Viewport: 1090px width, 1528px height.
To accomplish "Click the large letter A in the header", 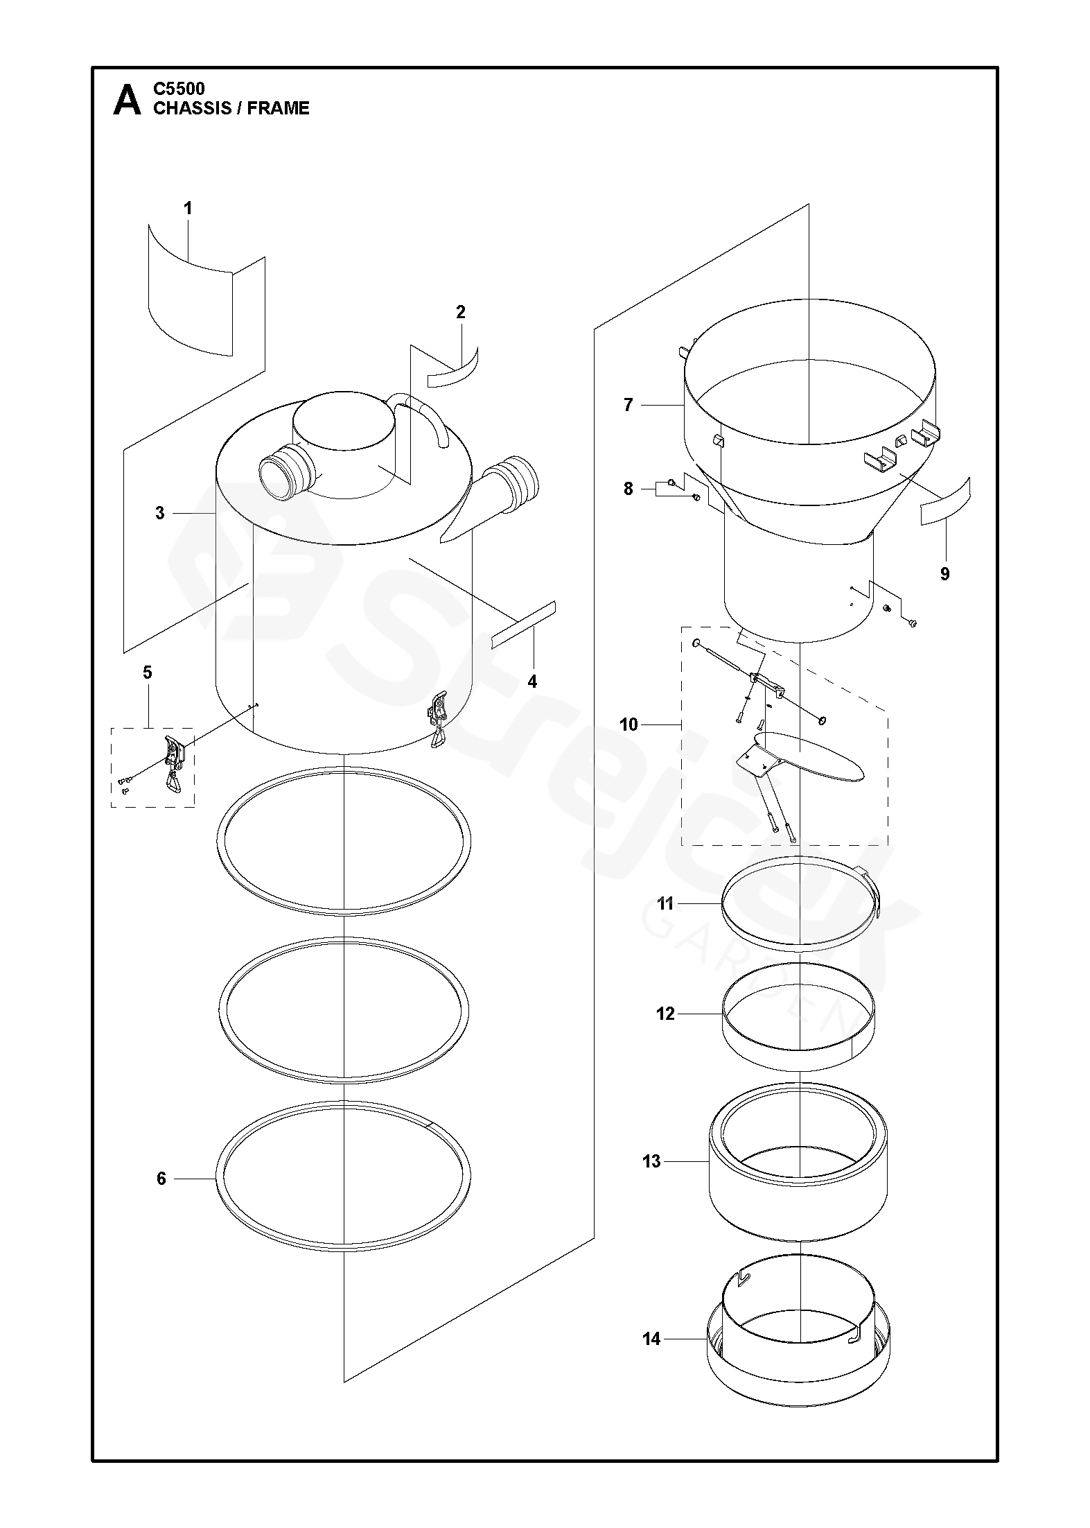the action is click(127, 100).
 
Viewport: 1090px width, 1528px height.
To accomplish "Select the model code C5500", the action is click(179, 89).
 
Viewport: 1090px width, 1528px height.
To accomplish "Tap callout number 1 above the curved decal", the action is click(187, 208).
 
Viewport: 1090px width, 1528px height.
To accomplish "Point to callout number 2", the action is click(461, 312).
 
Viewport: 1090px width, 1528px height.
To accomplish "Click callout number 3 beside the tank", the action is click(160, 513).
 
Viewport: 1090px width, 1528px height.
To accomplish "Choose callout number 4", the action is click(532, 681).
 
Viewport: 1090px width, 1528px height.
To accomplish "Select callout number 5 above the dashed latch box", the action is click(148, 672).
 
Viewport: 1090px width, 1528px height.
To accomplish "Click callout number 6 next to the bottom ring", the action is click(161, 1179).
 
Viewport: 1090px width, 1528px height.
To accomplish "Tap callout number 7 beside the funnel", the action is click(628, 405).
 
